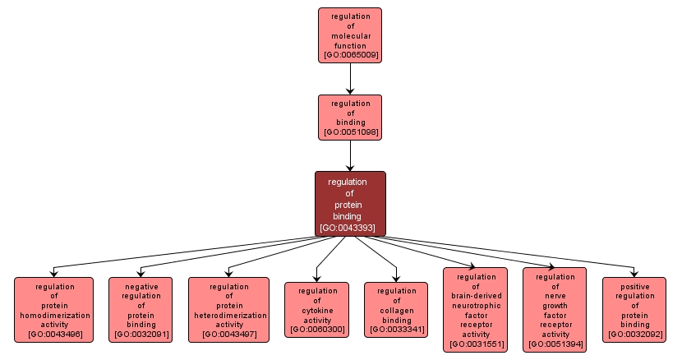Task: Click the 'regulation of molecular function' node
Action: click(350, 35)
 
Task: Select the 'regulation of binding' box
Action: click(350, 117)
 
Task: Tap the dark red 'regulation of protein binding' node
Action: click(350, 203)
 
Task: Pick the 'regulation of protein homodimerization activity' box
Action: click(54, 310)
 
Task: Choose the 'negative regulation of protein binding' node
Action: click(141, 310)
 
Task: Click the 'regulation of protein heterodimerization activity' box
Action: click(228, 310)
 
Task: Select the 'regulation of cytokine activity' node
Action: click(316, 310)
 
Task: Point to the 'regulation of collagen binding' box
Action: click(396, 310)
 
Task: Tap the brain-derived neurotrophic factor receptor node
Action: click(476, 310)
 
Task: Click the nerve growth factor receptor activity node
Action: click(555, 310)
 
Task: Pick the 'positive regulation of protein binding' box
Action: click(634, 310)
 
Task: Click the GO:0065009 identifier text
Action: click(350, 55)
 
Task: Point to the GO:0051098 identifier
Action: click(350, 132)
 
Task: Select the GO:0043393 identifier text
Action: click(350, 227)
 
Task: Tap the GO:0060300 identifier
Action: click(316, 330)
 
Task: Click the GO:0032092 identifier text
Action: click(634, 335)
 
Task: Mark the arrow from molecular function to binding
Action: click(350, 78)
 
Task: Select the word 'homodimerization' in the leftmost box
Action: click(54, 315)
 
